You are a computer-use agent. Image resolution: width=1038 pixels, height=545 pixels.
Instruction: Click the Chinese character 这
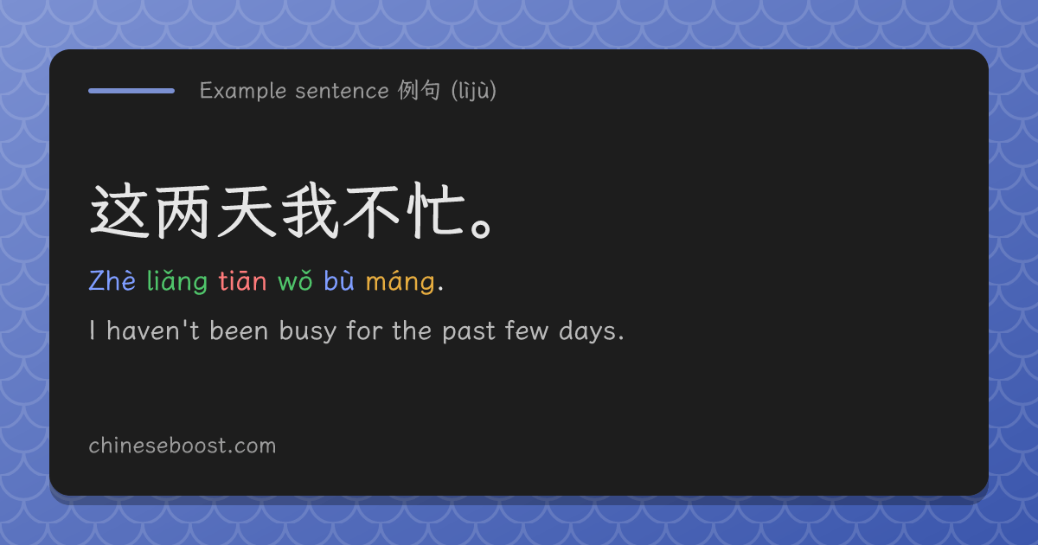(119, 211)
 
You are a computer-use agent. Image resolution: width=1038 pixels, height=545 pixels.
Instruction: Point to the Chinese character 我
(310, 211)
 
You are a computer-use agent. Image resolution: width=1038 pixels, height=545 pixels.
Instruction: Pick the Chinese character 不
(372, 212)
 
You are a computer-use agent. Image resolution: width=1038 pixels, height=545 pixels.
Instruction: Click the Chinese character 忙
(436, 211)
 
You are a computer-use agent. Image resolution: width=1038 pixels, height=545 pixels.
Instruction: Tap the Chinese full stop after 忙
(482, 229)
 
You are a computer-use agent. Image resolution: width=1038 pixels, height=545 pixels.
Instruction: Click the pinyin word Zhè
(112, 280)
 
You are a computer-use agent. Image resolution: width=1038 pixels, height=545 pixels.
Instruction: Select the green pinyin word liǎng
(177, 281)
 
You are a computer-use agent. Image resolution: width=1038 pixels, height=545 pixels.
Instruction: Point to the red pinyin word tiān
(242, 280)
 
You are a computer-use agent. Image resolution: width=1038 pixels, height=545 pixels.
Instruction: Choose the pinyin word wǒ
(295, 281)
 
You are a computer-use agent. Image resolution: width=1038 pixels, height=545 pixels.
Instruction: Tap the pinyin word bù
(339, 280)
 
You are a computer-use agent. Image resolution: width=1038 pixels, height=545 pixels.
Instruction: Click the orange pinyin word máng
(400, 281)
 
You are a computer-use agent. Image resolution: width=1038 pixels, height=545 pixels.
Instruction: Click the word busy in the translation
(308, 330)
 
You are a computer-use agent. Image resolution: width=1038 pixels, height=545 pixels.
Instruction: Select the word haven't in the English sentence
(153, 330)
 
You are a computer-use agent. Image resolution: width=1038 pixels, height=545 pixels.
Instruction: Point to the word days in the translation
(588, 330)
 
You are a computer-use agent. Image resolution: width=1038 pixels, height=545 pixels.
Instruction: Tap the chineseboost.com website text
(183, 446)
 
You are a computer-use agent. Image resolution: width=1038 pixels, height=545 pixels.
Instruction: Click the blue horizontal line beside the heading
(131, 91)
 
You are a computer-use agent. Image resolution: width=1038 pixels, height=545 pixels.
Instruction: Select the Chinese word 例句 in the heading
(419, 90)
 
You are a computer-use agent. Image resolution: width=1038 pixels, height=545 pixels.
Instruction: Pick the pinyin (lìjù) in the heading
(474, 90)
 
